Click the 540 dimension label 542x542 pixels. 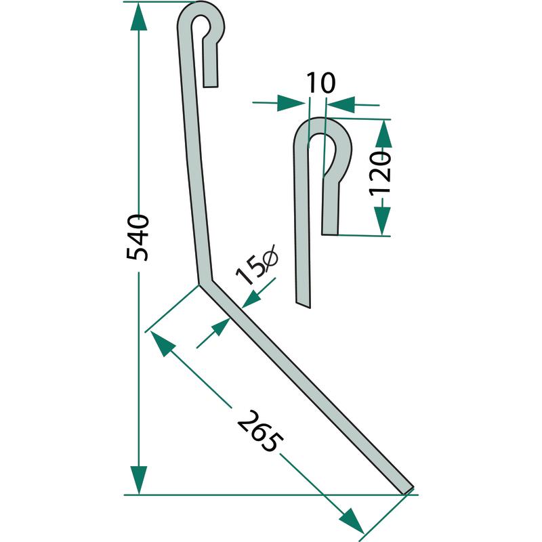click(138, 238)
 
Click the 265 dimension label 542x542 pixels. click(260, 431)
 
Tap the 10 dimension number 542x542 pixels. click(320, 83)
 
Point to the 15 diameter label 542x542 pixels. click(257, 264)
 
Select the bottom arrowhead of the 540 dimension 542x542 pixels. click(139, 480)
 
